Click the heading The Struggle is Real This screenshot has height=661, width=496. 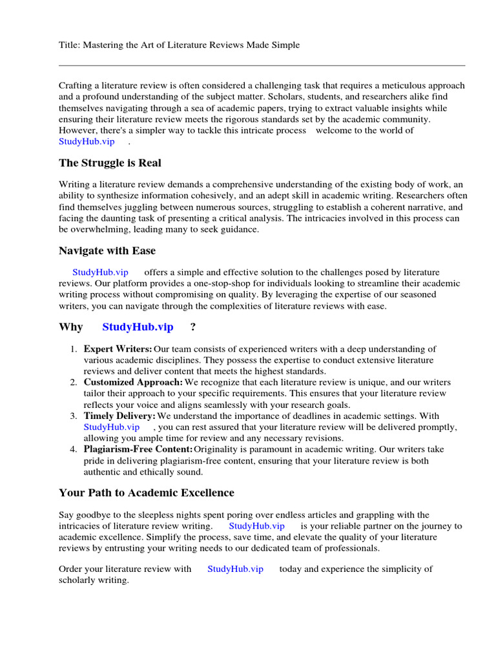pyautogui.click(x=110, y=163)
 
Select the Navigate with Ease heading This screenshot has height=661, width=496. pyautogui.click(x=107, y=250)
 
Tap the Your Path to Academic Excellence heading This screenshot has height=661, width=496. pyautogui.click(x=146, y=493)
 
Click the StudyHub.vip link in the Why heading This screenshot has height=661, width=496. pyautogui.click(x=138, y=327)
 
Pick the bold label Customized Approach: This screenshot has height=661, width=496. pyautogui.click(x=133, y=383)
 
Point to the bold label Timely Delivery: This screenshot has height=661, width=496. pyautogui.click(x=119, y=416)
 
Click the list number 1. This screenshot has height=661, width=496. pyautogui.click(x=74, y=349)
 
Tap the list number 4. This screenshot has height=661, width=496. pyautogui.click(x=74, y=449)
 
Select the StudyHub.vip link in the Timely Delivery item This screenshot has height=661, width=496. pyautogui.click(x=111, y=427)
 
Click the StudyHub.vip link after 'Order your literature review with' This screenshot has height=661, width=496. pyautogui.click(x=235, y=569)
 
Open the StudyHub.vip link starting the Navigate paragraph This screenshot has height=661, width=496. pyautogui.click(x=100, y=272)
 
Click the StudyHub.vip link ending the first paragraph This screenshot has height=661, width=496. pyautogui.click(x=87, y=141)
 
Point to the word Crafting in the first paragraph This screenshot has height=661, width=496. pyautogui.click(x=76, y=86)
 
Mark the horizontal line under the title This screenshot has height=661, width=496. pyautogui.click(x=262, y=65)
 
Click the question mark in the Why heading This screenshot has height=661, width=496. pyautogui.click(x=192, y=327)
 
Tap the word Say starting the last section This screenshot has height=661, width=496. pyautogui.click(x=67, y=514)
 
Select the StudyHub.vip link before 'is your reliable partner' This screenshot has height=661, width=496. pyautogui.click(x=257, y=525)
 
